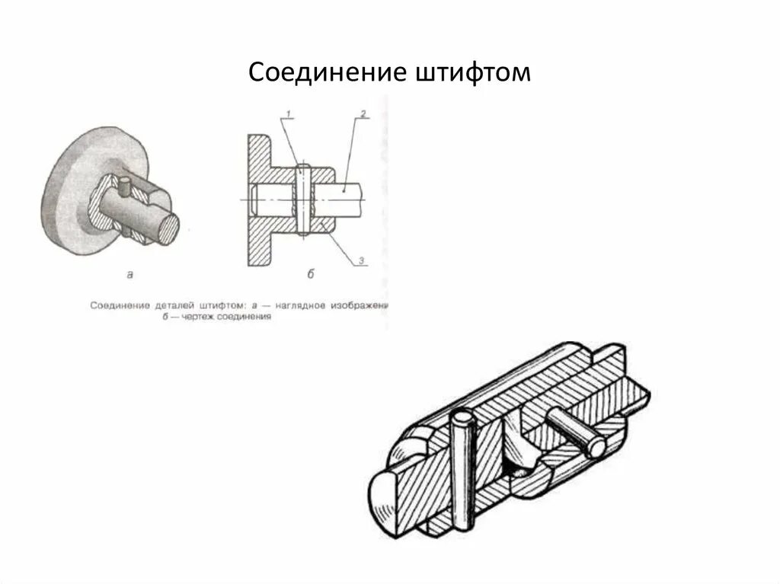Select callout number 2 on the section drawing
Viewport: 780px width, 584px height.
(363, 114)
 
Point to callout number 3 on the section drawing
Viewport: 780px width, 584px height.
(363, 261)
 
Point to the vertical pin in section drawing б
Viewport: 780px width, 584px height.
(302, 199)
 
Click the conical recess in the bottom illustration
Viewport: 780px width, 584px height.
(520, 457)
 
